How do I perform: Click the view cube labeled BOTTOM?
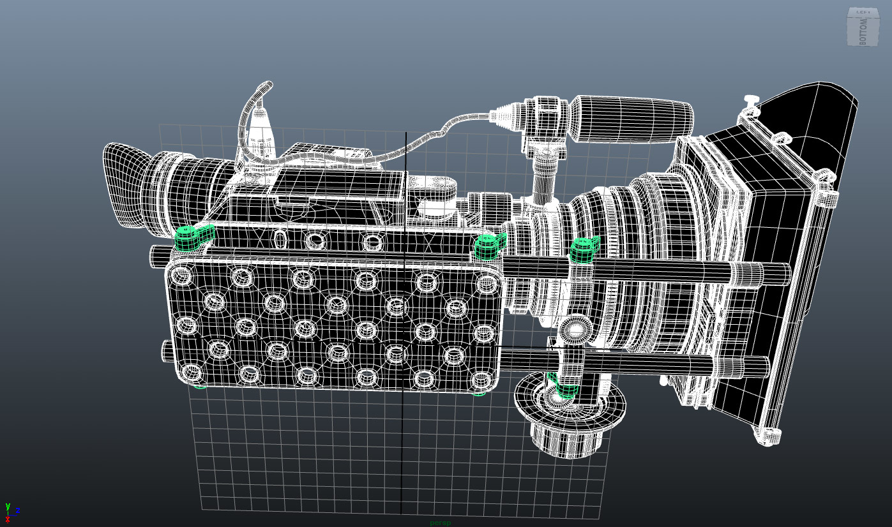point(863,28)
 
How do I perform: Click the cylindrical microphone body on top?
point(632,117)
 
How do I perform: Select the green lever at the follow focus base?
point(564,386)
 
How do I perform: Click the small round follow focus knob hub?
point(577,330)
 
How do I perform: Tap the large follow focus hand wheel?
point(570,408)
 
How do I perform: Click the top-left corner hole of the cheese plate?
point(182,276)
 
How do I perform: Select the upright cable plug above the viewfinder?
point(258,128)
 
